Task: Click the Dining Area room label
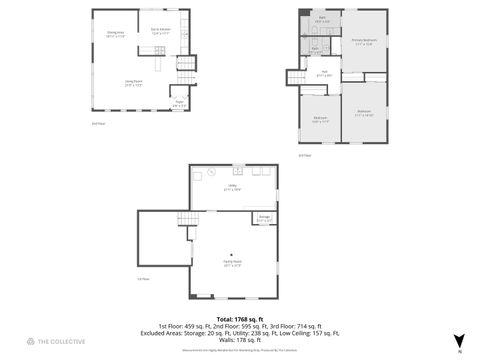(115, 35)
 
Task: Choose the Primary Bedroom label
(362, 42)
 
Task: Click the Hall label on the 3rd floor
(325, 73)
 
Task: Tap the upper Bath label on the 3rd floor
(323, 20)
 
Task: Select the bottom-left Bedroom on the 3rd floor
(319, 119)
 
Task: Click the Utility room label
(231, 187)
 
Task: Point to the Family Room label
(232, 264)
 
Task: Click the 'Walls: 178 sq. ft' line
(239, 340)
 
